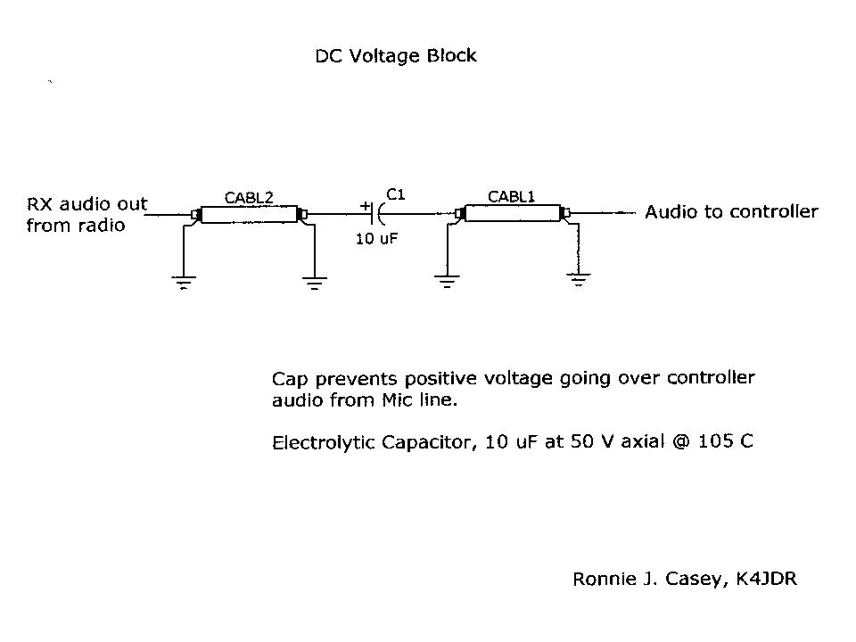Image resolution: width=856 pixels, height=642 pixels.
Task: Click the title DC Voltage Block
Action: pos(396,56)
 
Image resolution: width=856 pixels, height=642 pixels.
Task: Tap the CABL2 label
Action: pos(249,198)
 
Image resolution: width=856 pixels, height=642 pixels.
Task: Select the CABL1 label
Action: pos(511,196)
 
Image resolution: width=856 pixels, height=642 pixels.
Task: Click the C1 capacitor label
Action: pos(396,193)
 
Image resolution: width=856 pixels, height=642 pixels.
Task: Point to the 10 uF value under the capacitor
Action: pos(376,239)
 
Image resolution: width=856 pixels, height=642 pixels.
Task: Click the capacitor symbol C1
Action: pos(380,214)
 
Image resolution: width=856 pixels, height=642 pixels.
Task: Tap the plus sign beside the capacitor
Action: pos(365,206)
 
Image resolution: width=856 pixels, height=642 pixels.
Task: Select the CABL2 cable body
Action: pos(248,214)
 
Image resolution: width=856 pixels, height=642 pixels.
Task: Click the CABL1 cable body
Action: pos(512,213)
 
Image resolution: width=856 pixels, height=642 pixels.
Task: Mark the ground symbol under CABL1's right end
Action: pos(579,282)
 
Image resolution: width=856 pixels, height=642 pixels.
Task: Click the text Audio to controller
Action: pos(731,212)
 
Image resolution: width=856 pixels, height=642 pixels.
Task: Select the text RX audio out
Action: pos(86,204)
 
